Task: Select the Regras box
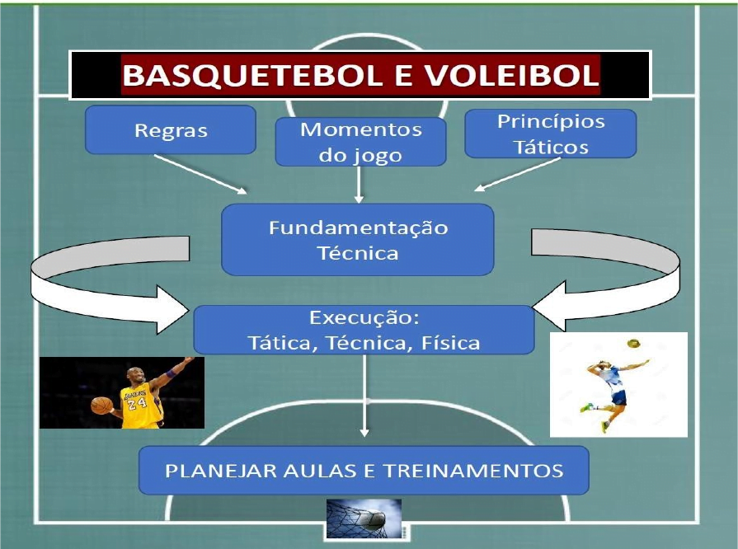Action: tap(171, 130)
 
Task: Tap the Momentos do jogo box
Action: tap(360, 142)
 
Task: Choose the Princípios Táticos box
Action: tap(550, 134)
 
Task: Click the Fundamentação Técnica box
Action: tap(358, 239)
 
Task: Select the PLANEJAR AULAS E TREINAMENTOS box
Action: tap(364, 471)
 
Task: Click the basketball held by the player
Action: tap(101, 405)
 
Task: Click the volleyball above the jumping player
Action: tap(632, 342)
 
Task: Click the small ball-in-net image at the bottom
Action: tap(364, 518)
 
